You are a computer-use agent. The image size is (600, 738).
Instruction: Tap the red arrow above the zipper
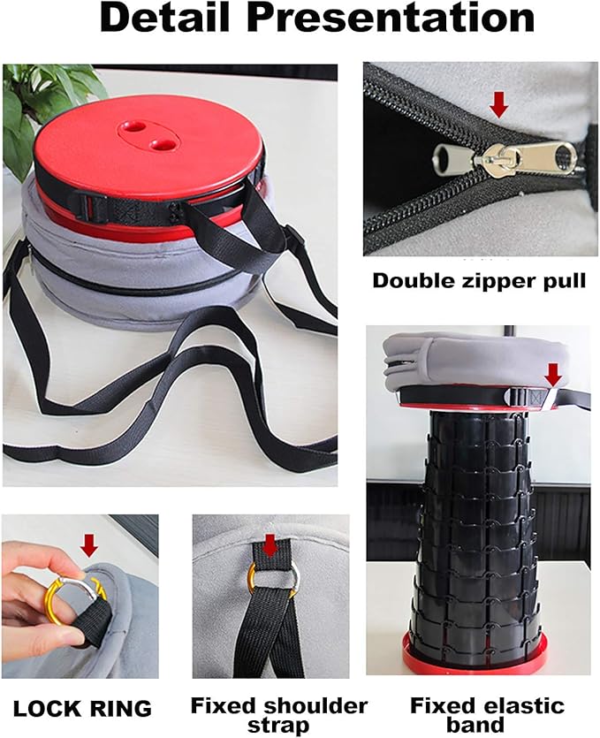point(499,104)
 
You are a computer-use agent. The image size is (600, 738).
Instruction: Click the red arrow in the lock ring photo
point(87,544)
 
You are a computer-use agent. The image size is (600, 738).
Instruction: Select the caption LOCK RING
point(81,707)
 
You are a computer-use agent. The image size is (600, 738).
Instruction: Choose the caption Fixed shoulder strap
point(279,715)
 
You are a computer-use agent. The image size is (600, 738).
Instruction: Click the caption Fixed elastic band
point(486,715)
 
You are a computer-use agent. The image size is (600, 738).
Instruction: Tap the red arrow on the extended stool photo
point(552,374)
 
